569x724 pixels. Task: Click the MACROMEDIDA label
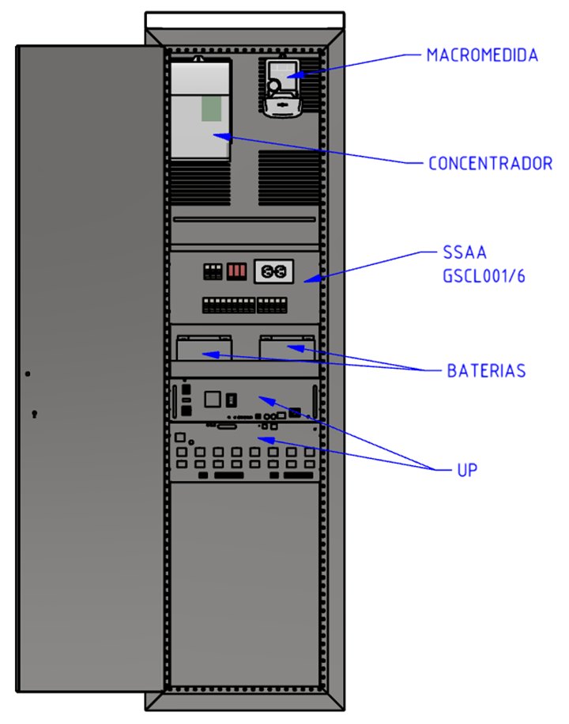[x=482, y=55]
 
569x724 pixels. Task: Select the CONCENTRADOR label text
[x=490, y=164]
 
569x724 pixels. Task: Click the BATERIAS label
[x=486, y=370]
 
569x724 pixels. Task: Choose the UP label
[x=467, y=469]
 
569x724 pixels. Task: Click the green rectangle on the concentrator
[x=211, y=109]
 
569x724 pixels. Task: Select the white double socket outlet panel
[x=273, y=271]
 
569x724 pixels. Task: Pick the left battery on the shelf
[x=204, y=348]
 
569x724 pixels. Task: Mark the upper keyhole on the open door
[x=27, y=373]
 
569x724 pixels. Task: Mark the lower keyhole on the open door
[x=34, y=414]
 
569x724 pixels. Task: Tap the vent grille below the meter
[x=289, y=167]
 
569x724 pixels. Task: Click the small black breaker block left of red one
[x=213, y=271]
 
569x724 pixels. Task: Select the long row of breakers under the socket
[x=245, y=305]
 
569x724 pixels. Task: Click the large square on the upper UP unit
[x=213, y=398]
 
